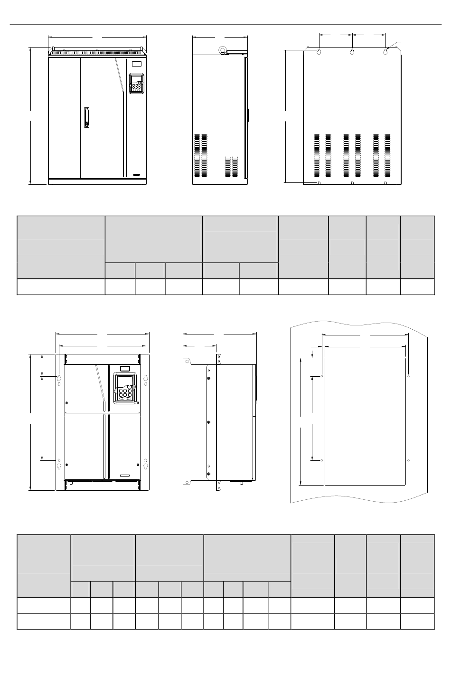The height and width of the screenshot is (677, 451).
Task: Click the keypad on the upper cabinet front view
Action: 137,84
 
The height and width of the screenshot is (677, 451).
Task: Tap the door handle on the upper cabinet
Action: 86,117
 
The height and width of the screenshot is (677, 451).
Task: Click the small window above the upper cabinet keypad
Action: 136,64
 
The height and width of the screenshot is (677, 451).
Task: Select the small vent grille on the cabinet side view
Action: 231,166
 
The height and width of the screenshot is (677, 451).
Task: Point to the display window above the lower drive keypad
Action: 125,368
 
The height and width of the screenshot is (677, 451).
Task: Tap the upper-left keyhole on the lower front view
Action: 59,378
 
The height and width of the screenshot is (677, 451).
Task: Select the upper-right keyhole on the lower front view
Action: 146,378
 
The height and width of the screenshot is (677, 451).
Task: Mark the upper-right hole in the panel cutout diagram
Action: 409,376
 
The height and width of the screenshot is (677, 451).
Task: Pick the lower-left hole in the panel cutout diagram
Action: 322,460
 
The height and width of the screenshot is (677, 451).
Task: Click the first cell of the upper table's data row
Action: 61,286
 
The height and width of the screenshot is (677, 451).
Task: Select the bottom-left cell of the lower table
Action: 44,621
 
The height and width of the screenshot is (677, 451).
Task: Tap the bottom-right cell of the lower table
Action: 417,621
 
